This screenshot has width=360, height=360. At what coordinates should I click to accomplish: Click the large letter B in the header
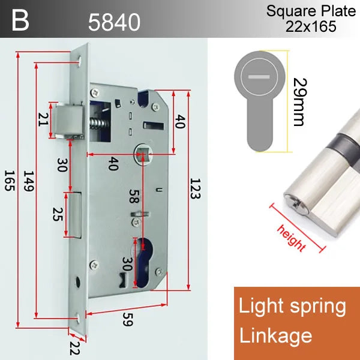pos(20,20)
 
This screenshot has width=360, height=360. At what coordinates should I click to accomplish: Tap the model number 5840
pos(114,22)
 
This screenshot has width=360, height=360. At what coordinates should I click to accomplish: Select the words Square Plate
pos(311,11)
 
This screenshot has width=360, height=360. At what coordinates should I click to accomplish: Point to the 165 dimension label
pos(10,181)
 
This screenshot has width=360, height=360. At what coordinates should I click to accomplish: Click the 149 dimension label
pos(29,181)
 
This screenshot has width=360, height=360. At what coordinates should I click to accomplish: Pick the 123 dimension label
pos(196,188)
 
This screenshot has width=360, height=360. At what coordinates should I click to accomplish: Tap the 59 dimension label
pos(128,319)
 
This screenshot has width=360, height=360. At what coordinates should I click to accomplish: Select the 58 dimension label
pos(134,196)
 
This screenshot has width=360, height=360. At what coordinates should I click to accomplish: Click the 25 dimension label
pos(58,214)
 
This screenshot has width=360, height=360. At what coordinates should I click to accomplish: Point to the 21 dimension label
pos(43,119)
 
